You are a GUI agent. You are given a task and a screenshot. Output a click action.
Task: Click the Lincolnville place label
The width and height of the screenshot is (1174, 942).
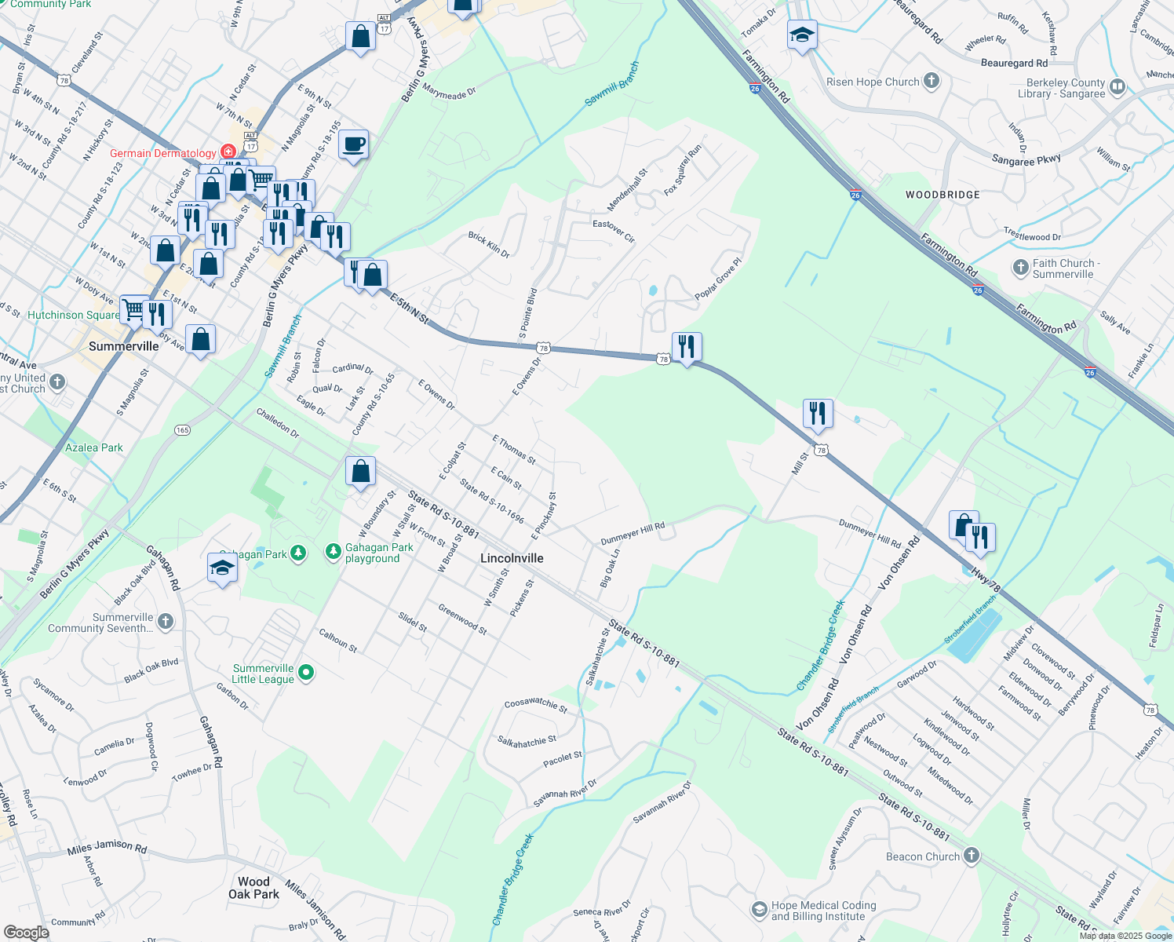click(512, 558)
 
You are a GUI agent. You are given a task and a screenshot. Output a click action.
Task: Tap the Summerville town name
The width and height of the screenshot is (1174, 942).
click(124, 346)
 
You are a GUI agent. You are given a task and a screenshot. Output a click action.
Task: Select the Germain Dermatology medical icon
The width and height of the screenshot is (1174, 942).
click(228, 152)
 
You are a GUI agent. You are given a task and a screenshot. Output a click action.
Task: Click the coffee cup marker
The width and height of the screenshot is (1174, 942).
click(353, 144)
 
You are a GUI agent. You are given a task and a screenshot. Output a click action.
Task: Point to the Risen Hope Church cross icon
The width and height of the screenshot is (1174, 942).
click(931, 81)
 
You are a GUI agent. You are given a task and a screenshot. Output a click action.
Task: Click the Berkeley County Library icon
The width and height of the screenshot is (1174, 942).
click(1117, 87)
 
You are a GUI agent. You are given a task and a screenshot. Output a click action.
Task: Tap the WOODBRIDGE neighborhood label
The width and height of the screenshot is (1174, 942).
click(942, 195)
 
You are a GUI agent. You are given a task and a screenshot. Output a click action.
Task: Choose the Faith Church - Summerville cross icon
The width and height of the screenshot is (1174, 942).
click(1020, 268)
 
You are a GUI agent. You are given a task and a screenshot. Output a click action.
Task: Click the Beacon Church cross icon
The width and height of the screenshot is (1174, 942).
click(972, 856)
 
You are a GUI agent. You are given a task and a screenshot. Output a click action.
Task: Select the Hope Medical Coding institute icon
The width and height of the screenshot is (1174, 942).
click(759, 910)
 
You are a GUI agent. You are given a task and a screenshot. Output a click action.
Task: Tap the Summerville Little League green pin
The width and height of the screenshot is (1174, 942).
click(307, 673)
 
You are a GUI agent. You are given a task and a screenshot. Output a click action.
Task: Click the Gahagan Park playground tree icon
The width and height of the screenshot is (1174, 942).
click(333, 553)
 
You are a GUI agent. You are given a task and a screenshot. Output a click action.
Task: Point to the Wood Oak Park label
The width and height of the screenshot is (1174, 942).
click(253, 888)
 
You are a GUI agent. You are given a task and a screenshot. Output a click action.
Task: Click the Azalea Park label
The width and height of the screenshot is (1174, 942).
click(94, 447)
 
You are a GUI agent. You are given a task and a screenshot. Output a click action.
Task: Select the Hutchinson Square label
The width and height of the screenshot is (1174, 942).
click(74, 315)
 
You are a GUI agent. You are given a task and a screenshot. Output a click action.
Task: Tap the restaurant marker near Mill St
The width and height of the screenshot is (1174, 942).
click(818, 413)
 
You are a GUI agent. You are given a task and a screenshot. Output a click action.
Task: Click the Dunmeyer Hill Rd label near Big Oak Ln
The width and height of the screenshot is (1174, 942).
click(633, 534)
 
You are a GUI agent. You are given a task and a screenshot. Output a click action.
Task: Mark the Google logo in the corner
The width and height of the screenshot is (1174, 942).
click(26, 932)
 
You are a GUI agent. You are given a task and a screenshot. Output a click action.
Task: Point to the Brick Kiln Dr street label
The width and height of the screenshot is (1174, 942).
click(489, 245)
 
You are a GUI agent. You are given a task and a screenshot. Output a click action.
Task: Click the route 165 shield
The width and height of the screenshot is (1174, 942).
click(183, 430)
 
